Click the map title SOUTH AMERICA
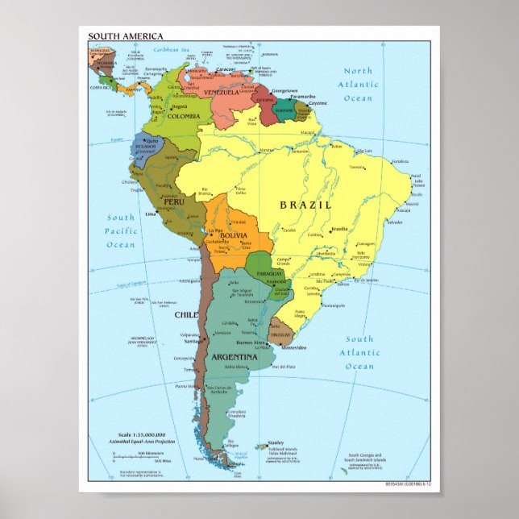125,36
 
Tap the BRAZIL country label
305,205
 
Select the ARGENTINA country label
235,356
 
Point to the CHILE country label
186,315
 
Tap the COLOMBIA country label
184,116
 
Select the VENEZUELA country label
222,93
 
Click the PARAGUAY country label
270,274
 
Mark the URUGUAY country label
280,334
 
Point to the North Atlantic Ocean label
359,85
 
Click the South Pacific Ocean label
122,231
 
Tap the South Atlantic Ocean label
359,353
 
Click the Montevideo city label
293,348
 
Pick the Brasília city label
339,230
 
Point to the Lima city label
150,215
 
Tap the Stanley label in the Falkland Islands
276,442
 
